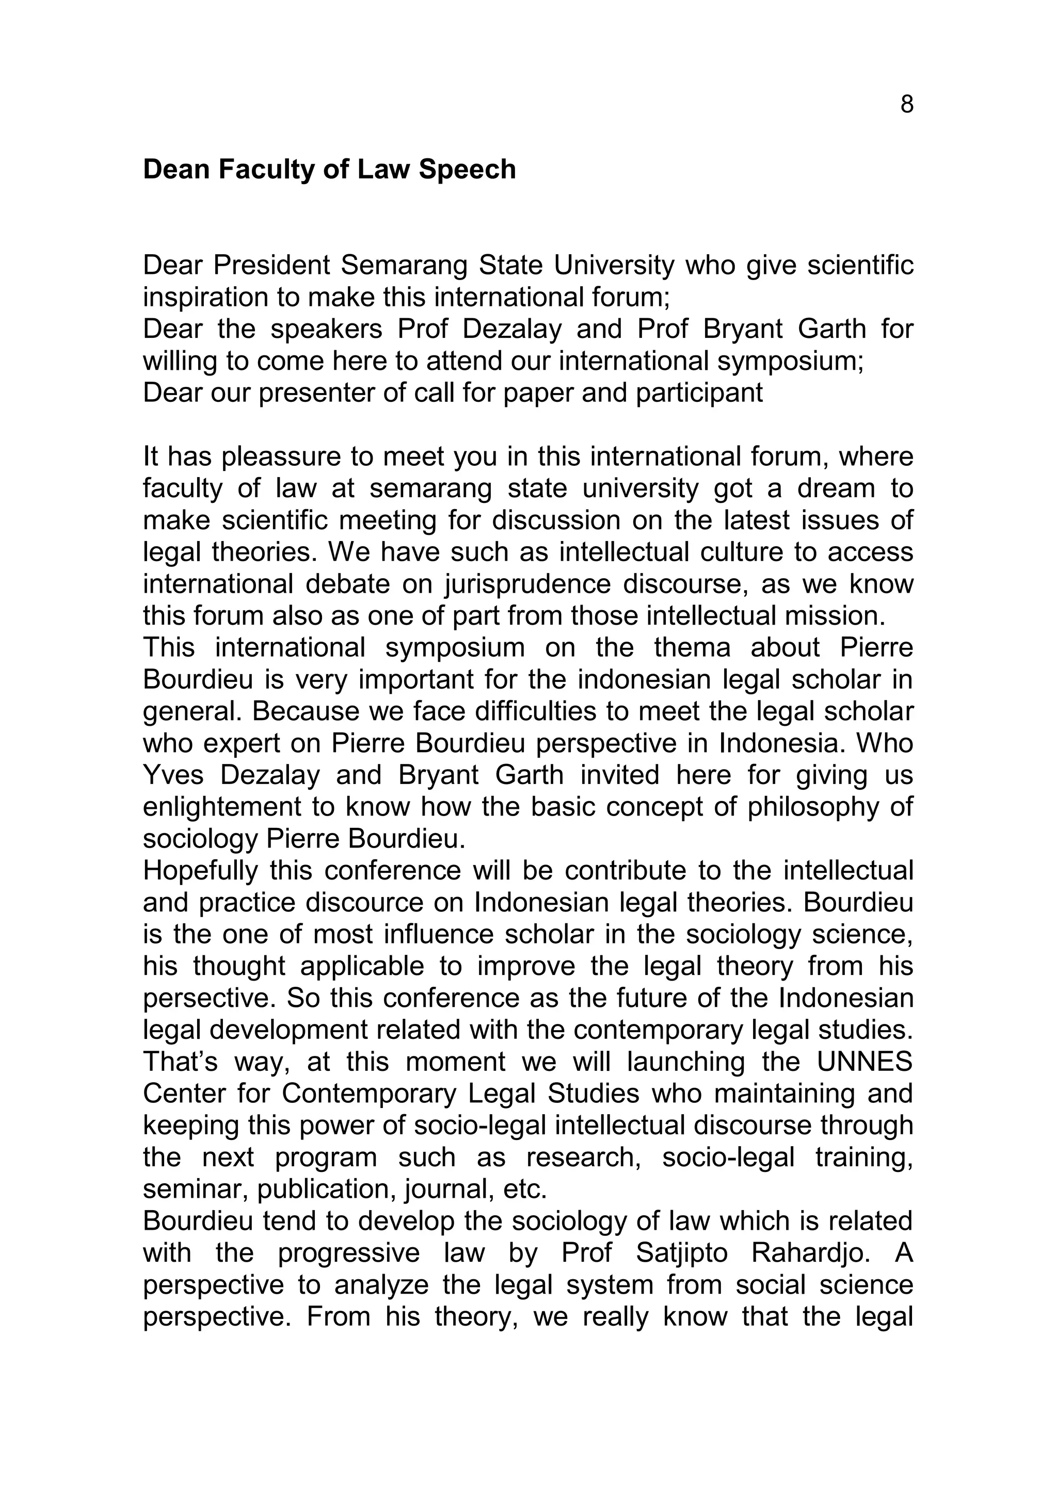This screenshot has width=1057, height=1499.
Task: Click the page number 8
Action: (x=906, y=105)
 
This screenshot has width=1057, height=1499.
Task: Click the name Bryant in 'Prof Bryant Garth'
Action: (x=743, y=329)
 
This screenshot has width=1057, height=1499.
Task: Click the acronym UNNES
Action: (x=864, y=1062)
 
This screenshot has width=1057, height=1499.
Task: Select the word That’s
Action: (x=180, y=1062)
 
